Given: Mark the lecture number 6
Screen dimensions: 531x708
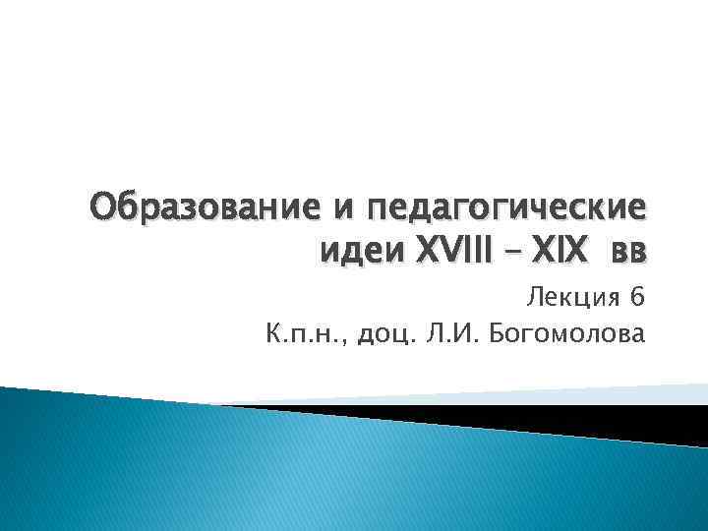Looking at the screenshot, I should [638, 296].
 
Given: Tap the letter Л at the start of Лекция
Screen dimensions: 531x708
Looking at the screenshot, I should [535, 296].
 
